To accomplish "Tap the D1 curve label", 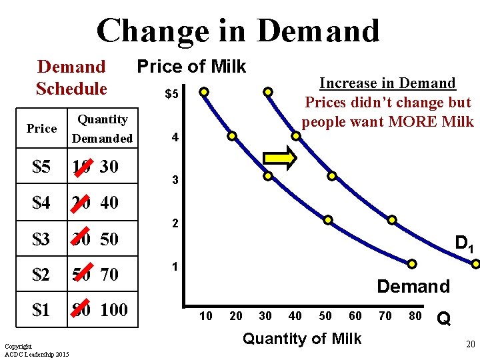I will pos(464,243).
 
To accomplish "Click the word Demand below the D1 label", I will pos(413,287).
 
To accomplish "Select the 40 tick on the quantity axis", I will pos(295,316).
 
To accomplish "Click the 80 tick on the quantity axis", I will pos(415,316).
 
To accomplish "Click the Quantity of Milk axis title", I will pos(302,339).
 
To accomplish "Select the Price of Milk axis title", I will pos(191,67).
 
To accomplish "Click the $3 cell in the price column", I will pos(41,239).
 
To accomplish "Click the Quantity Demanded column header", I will pos(103,129).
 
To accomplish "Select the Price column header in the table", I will pos(41,128).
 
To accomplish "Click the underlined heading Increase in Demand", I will pos(387,83).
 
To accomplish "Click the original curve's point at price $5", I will pos(204,91).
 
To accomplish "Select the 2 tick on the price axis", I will pos(175,224).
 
